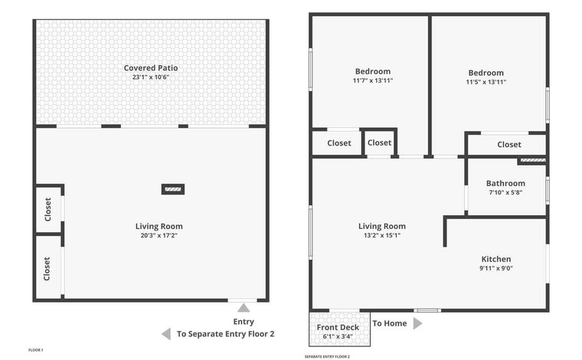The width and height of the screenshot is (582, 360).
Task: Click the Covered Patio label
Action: (x=151, y=68)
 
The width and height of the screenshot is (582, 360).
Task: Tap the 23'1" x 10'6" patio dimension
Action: (x=151, y=77)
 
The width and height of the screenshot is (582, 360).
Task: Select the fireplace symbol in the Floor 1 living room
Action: (x=173, y=189)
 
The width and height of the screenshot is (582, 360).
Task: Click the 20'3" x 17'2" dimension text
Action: (x=159, y=235)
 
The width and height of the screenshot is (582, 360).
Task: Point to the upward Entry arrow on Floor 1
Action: (x=244, y=308)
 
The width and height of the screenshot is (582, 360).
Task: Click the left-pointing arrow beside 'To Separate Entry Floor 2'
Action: (x=166, y=334)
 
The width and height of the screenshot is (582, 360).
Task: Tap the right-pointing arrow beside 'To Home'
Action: (x=417, y=323)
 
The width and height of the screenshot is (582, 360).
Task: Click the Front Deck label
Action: (x=338, y=327)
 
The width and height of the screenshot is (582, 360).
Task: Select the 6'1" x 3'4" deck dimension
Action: (x=338, y=336)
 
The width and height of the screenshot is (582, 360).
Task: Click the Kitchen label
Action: (x=496, y=259)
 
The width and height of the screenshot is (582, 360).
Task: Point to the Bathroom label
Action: (x=505, y=183)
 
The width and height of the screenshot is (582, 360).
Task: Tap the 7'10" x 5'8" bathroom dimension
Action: (x=505, y=192)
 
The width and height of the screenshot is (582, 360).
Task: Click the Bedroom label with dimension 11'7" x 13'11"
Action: (x=373, y=71)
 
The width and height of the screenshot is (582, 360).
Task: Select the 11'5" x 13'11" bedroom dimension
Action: (x=486, y=82)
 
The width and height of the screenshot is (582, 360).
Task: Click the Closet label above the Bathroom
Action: (x=509, y=144)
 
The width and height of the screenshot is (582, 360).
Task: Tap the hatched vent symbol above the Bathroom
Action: (x=533, y=160)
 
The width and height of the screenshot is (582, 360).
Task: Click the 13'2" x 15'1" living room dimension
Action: (x=382, y=235)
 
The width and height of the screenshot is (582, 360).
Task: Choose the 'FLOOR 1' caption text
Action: (x=36, y=350)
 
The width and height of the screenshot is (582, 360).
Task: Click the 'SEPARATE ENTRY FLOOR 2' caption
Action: (x=327, y=357)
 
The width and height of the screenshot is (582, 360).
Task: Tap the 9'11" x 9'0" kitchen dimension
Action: (x=496, y=268)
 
